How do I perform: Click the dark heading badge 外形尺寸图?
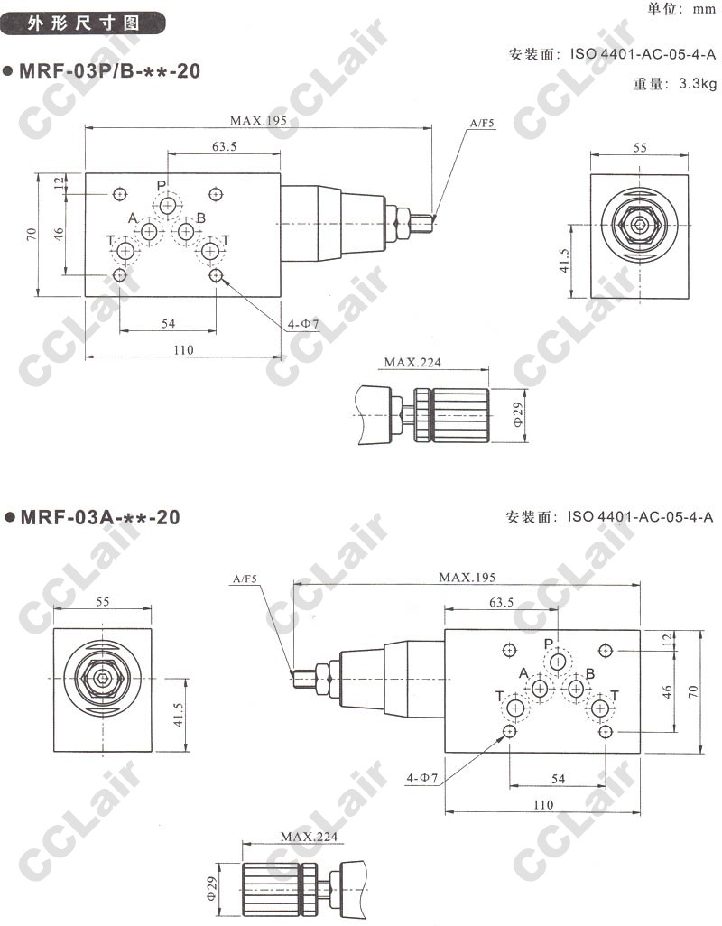(83, 23)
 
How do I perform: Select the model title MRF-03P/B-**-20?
(110, 71)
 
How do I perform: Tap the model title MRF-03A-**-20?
(100, 517)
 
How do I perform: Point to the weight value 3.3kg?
(698, 83)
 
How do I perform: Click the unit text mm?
(705, 9)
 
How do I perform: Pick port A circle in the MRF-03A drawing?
(540, 688)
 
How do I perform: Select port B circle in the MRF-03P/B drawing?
(187, 231)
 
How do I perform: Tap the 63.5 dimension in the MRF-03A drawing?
(501, 602)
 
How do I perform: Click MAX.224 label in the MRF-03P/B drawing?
(412, 362)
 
